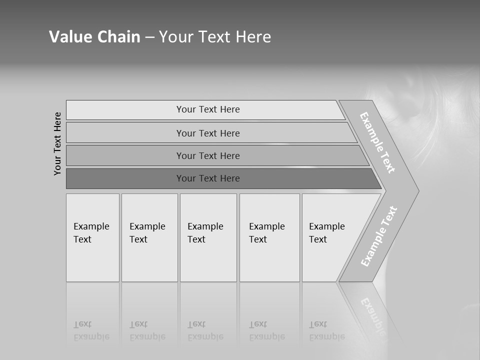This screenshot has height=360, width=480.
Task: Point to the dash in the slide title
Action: pos(149,37)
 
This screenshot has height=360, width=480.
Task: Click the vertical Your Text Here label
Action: pos(57,144)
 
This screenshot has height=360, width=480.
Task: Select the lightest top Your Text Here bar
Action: pos(207,109)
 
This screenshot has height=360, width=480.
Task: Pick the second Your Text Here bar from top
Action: pos(207,133)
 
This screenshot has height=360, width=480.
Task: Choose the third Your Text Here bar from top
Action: pos(207,155)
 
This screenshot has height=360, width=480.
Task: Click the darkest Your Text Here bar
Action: pos(207,178)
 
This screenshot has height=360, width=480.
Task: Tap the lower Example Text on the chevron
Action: pos(379,236)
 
